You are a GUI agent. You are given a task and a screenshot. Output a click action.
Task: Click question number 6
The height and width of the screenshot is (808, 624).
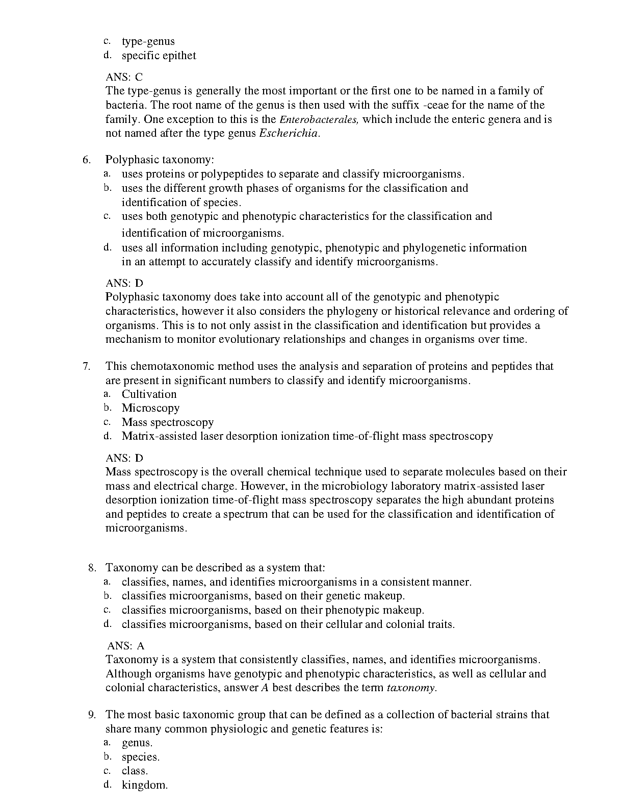point(86,160)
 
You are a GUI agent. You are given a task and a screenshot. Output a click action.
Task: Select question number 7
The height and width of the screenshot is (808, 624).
point(86,366)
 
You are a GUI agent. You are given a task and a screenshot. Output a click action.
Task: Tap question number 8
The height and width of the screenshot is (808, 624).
point(92,568)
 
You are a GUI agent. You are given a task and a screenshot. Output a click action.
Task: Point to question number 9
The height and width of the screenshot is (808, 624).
point(92,715)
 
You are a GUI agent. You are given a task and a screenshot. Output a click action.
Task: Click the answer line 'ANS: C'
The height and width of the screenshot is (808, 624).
point(124,77)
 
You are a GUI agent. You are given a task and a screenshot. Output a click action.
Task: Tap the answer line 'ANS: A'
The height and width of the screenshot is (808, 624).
point(126,646)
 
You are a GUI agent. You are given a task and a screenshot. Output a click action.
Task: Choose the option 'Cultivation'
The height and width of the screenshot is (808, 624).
point(149,394)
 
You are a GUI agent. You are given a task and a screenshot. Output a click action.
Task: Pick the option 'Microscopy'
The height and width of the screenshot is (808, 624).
point(150,408)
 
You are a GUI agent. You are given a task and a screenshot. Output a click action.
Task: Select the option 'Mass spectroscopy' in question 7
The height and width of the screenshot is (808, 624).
point(168,422)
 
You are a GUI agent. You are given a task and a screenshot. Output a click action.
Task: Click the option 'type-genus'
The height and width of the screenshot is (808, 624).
point(148,41)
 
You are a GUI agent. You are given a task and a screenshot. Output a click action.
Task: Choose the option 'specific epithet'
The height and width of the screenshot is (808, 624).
point(159,56)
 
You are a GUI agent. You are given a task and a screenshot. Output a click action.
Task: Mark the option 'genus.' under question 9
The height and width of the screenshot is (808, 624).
point(137,743)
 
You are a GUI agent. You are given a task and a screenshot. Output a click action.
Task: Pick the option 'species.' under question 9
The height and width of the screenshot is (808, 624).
point(141,757)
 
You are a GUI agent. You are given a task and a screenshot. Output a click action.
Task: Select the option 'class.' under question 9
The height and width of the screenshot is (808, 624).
point(135,771)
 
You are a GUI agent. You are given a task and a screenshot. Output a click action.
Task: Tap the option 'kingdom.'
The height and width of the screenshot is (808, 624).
point(145,785)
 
